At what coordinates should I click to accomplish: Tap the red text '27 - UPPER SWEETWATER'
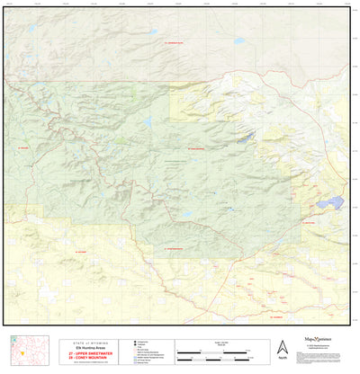[87, 354]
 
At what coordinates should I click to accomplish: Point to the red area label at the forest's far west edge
[24, 148]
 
